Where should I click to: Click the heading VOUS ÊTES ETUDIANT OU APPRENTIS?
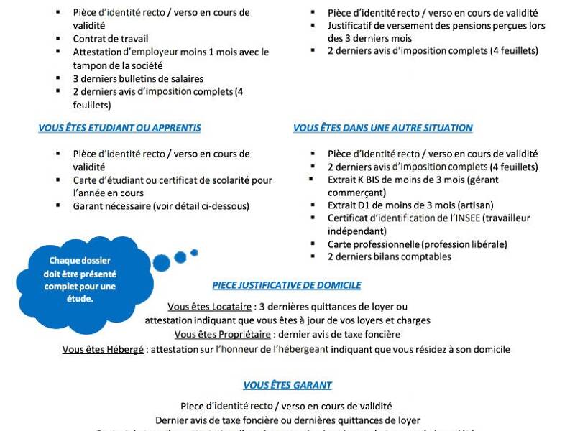(x=119, y=128)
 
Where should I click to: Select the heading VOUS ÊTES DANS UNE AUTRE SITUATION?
(x=382, y=128)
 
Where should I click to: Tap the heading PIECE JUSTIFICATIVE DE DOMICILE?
(x=286, y=285)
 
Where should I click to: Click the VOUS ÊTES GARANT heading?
(x=287, y=385)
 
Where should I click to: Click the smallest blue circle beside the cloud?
(x=193, y=252)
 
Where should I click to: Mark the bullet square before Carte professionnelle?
(x=313, y=244)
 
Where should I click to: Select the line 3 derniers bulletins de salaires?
(x=138, y=78)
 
